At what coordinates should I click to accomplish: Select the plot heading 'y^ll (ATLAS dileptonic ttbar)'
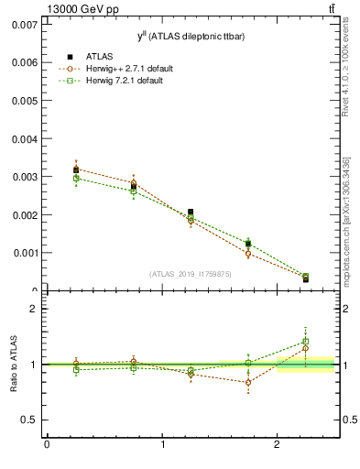click(x=185, y=35)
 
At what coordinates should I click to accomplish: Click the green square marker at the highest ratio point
click(x=305, y=342)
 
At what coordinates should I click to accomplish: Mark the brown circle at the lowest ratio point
click(x=247, y=383)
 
